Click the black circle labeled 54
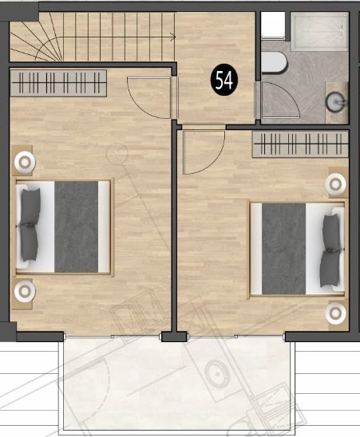pos(224,81)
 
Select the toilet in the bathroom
pos(274,62)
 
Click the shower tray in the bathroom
pos(319,31)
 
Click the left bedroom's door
pos(148,97)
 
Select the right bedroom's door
pos(204,152)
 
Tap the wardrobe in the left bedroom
pos(58,83)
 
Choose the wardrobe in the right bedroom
pos(300,144)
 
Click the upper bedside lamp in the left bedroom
pos(25,162)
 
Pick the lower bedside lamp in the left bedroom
pos(25,291)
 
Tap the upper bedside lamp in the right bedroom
pos(336,184)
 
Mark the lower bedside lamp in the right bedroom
pos(336,313)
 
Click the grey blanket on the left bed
pos(76,226)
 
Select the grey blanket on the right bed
pos(284,249)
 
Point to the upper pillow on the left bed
pos(30,207)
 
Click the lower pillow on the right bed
pos(330,269)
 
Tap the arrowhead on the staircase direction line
pos(173,37)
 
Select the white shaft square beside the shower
pos(273,24)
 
